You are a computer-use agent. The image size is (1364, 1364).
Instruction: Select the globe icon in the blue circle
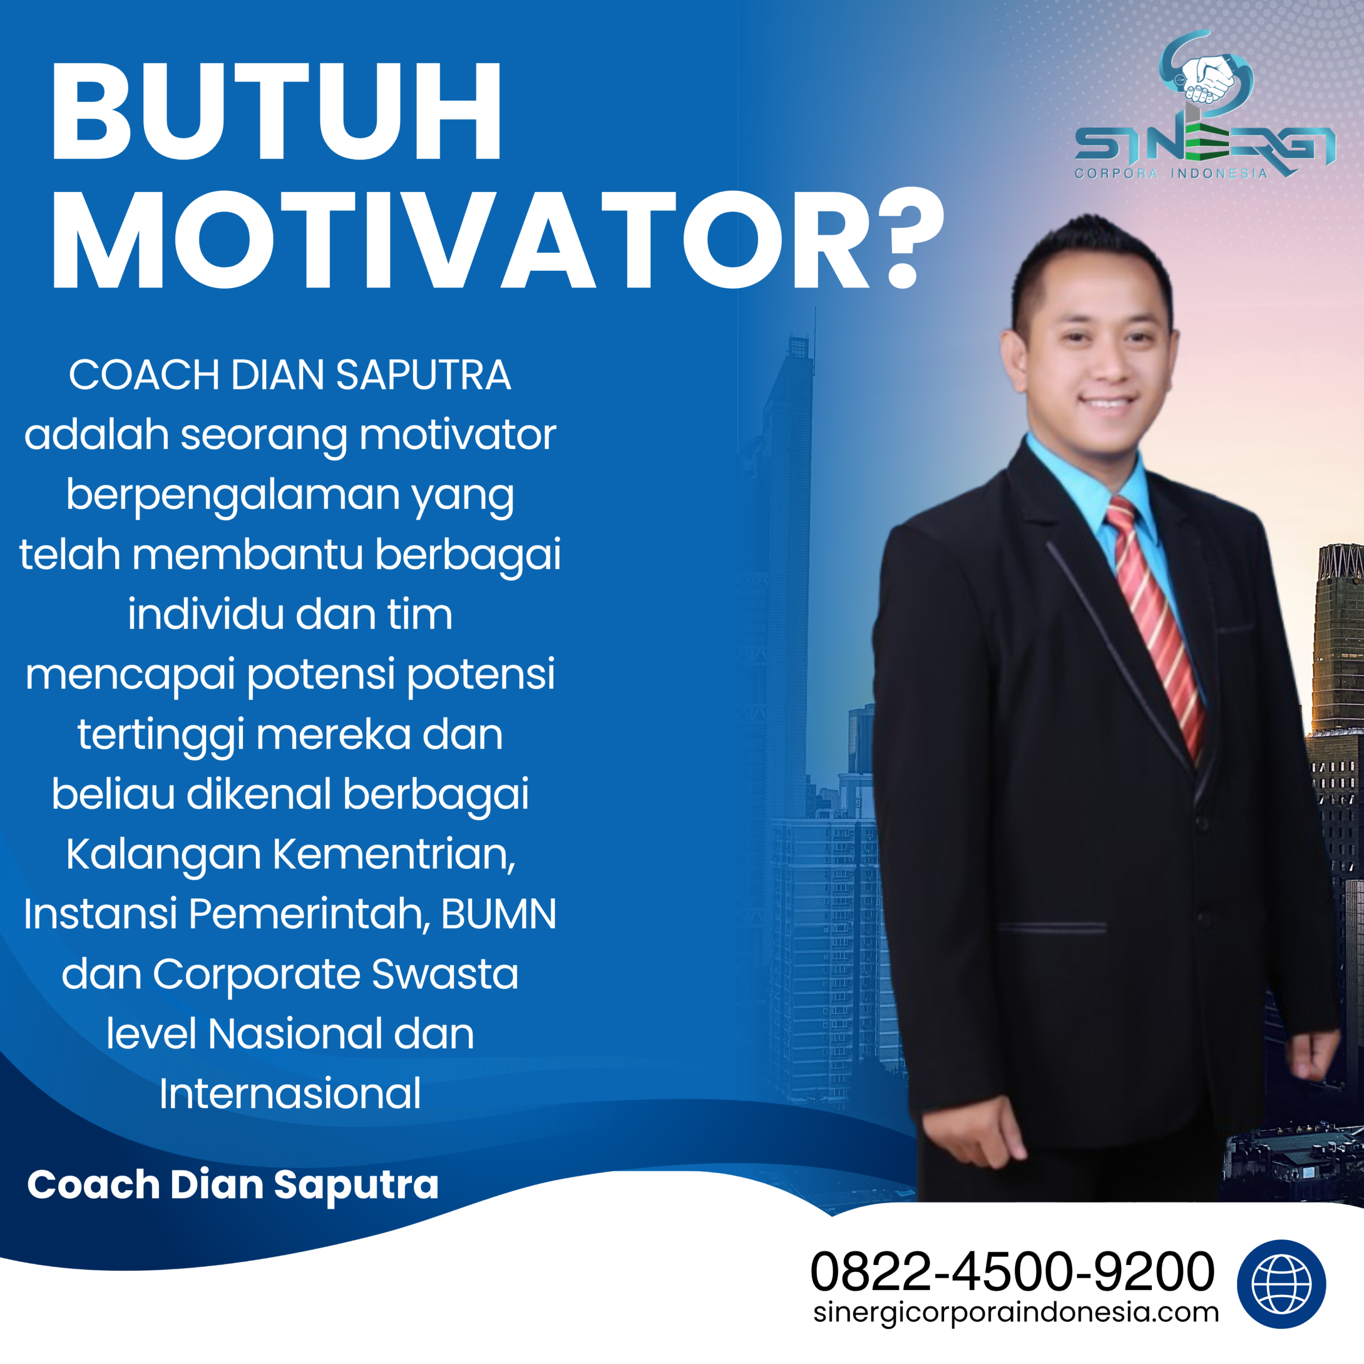point(1281,1284)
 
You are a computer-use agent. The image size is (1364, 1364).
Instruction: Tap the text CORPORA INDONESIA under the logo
point(1171,174)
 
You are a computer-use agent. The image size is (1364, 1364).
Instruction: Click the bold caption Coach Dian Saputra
point(233,1184)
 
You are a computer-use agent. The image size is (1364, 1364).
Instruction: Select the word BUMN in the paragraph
point(498,914)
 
